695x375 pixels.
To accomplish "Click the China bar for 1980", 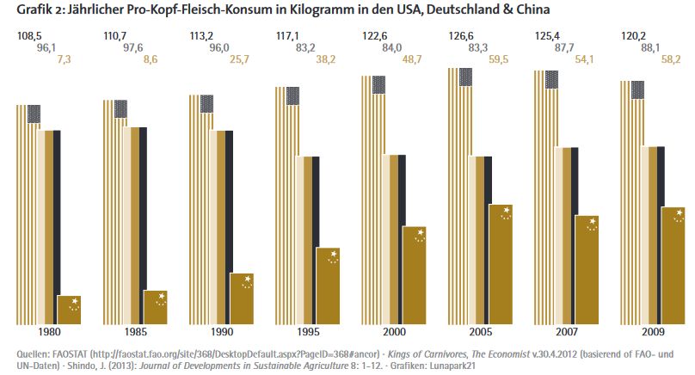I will pos(69,310).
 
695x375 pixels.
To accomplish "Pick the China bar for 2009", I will pos(673,266).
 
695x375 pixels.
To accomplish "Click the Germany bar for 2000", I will pos(394,240).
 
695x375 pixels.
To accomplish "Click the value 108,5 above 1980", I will pos(30,36).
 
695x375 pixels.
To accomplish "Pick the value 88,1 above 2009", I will pos(655,49).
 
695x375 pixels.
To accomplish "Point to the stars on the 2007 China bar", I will pos(592,225).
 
